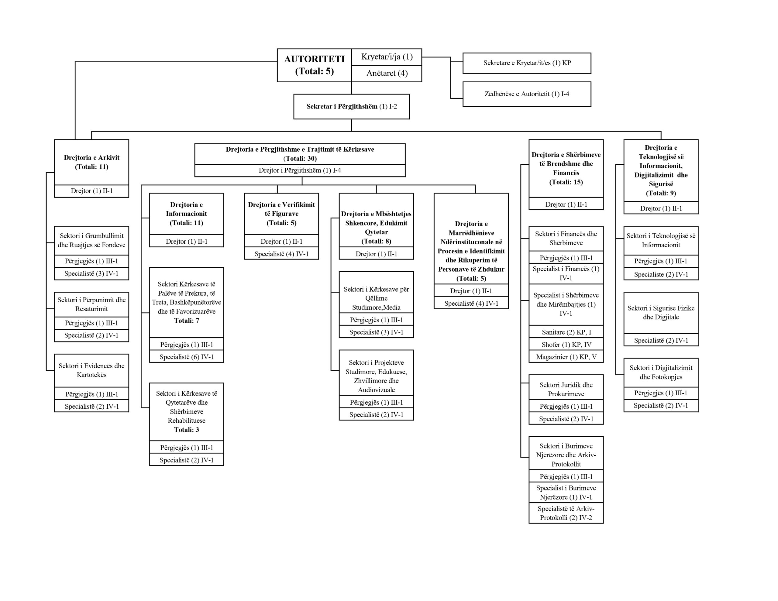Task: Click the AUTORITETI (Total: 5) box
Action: point(314,65)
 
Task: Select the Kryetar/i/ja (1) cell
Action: point(387,57)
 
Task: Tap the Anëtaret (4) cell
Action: point(387,74)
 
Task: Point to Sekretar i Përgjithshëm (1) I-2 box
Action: point(351,107)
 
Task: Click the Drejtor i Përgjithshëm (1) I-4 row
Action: point(300,170)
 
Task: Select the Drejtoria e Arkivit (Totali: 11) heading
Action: point(91,162)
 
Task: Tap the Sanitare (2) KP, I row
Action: point(566,332)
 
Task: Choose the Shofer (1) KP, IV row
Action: point(566,345)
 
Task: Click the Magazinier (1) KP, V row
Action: point(566,357)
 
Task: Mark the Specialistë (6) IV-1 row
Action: point(186,357)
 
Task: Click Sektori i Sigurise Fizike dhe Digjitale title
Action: point(661,312)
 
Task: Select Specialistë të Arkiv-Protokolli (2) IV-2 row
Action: point(566,513)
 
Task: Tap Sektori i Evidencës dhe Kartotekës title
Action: point(91,370)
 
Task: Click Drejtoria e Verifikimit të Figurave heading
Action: point(281,214)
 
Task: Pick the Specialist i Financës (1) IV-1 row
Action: point(566,273)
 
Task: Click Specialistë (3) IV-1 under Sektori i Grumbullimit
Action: point(91,273)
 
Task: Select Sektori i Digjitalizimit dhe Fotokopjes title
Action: point(661,372)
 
